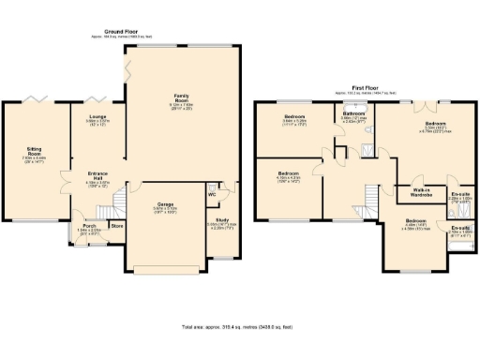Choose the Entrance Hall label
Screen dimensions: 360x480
coord(98,174)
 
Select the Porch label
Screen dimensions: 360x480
coord(89,226)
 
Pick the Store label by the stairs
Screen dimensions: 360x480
coord(116,226)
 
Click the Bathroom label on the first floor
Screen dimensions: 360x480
coord(353,112)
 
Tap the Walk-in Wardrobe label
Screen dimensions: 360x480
coord(422,192)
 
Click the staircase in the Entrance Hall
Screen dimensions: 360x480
coord(118,200)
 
